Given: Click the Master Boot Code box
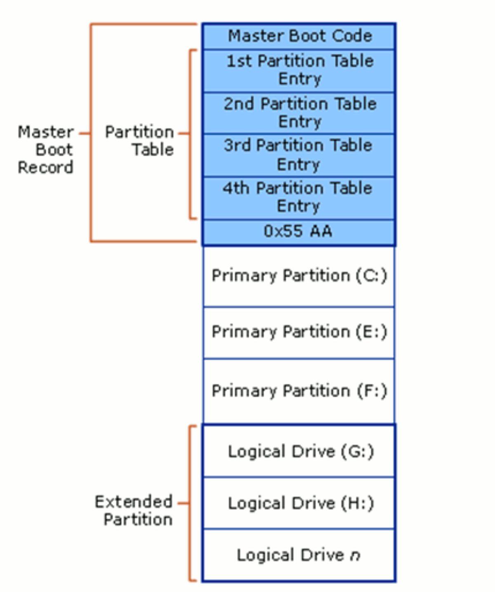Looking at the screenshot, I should tap(299, 36).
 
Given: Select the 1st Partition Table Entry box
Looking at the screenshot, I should tap(299, 70).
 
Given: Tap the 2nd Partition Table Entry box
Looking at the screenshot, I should tap(299, 112).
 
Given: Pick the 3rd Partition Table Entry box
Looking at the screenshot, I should tap(299, 155).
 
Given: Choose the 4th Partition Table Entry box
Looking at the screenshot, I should tap(299, 197).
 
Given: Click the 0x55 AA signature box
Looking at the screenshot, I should tap(299, 232).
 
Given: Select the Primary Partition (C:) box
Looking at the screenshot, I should tap(299, 276).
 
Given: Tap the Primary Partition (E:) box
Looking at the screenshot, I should tap(299, 332).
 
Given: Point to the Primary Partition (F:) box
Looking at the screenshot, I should tap(299, 391).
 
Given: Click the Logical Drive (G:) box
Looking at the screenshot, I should tap(299, 452).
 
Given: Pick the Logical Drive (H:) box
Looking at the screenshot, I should tap(299, 503).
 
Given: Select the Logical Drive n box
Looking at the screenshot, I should tap(299, 555).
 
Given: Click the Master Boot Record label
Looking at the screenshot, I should tap(46, 150).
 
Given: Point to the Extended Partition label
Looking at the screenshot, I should tap(134, 510).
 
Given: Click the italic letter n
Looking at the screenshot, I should tap(355, 556).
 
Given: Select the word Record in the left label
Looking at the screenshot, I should tap(46, 167).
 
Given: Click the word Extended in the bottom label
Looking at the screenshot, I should tap(134, 502).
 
